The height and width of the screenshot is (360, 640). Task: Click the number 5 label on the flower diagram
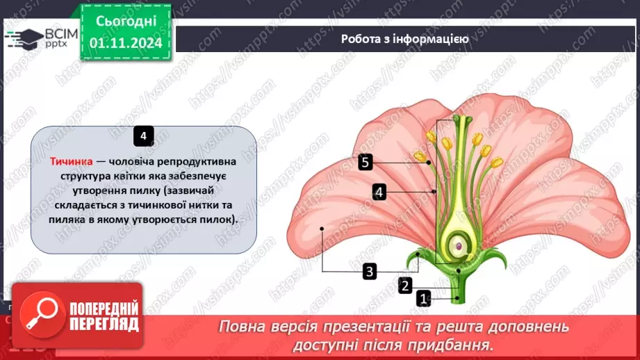366,163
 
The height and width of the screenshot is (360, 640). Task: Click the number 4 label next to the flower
379,192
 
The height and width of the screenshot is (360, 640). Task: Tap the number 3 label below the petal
370,271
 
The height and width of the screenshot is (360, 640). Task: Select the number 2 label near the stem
405,285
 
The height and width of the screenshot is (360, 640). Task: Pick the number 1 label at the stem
423,299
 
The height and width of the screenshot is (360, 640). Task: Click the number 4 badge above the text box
143,136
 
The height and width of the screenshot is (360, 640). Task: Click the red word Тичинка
71,161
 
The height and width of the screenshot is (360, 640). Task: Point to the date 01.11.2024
126,42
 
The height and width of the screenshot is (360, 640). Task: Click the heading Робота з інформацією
404,39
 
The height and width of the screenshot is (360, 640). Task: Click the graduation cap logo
24,38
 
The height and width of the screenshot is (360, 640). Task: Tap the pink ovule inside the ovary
459,246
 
